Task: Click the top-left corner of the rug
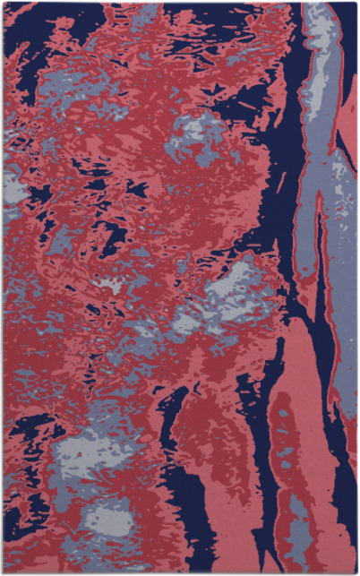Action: (x=3, y=3)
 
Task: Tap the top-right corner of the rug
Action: (x=356, y=3)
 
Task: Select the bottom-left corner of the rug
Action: (x=3, y=572)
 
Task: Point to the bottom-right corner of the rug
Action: (x=356, y=572)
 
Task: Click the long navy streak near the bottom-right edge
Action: (x=345, y=448)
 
